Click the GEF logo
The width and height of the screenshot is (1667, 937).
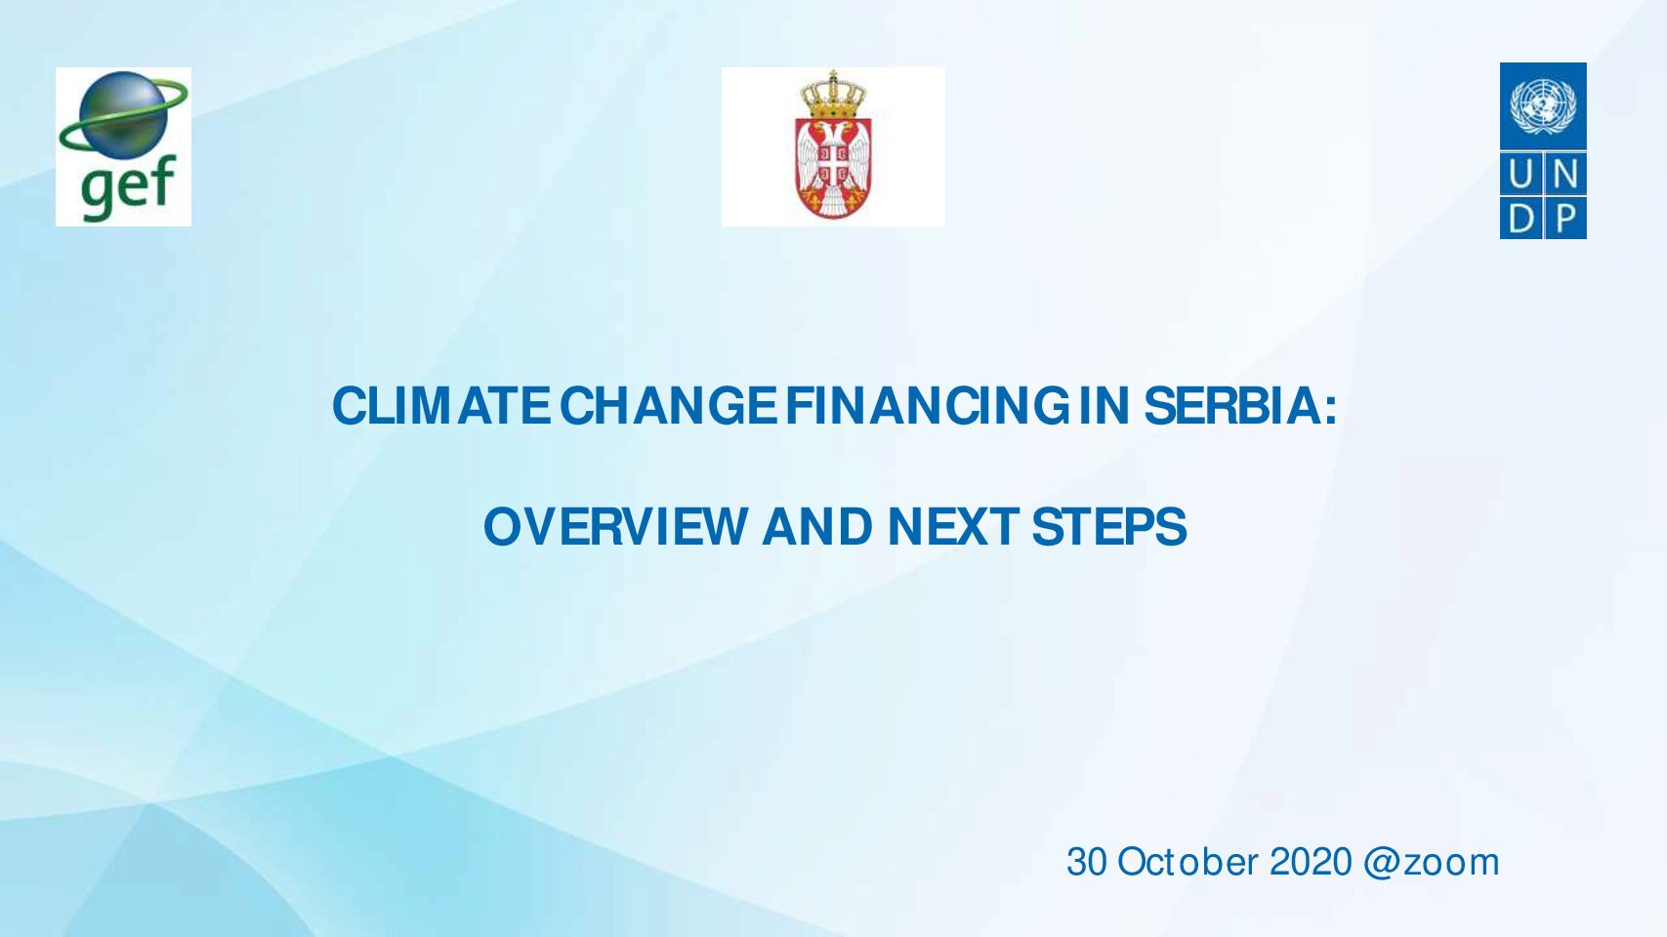click(x=123, y=146)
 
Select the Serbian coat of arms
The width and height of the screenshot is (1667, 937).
click(x=833, y=145)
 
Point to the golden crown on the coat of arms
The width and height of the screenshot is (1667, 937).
click(x=833, y=95)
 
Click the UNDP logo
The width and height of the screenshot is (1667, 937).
click(x=1543, y=151)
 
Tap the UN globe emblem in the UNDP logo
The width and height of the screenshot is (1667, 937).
click(x=1543, y=107)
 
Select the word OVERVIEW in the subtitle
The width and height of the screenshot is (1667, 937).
click(x=615, y=527)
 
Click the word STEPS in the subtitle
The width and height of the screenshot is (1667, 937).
click(x=1108, y=527)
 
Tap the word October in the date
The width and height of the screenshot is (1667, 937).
click(x=1188, y=863)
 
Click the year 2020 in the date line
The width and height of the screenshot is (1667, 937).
click(x=1311, y=863)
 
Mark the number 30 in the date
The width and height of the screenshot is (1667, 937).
click(x=1087, y=863)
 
